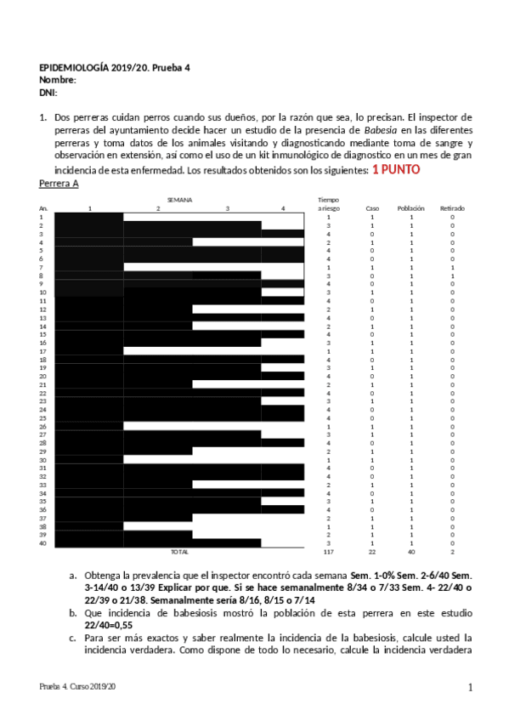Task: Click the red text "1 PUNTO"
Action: [396, 170]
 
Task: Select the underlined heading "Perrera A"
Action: [59, 184]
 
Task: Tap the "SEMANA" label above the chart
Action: [179, 199]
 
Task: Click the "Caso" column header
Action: [372, 208]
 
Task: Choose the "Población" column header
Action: [411, 208]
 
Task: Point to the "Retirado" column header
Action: [452, 208]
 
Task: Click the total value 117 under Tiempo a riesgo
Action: [328, 552]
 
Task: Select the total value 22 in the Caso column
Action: [372, 552]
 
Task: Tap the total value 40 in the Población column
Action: [411, 552]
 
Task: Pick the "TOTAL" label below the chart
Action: [180, 552]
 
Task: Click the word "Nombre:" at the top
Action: [59, 80]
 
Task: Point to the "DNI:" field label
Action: [48, 92]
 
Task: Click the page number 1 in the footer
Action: [470, 686]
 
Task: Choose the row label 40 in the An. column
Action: [42, 543]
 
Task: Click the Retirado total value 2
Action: [452, 552]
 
